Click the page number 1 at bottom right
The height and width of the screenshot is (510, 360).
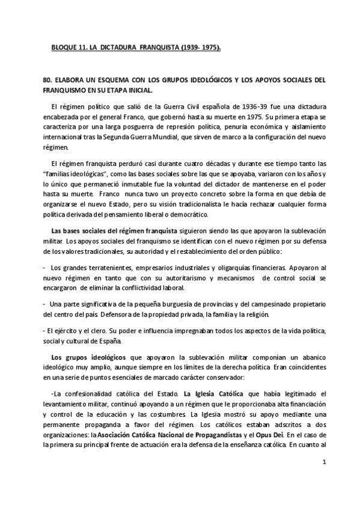point(324,479)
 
